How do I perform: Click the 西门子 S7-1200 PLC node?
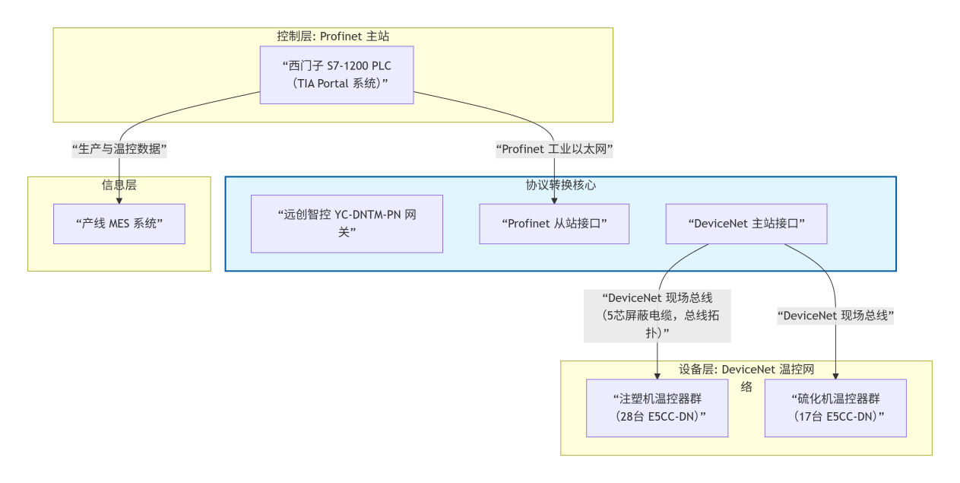pos(336,75)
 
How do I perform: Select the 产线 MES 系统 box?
pos(119,224)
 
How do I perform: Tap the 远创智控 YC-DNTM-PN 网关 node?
pos(347,224)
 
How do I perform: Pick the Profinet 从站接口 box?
pos(554,224)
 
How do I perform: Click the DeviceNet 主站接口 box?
pos(746,224)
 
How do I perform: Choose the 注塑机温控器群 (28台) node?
pos(657,408)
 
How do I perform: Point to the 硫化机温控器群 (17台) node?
pos(835,408)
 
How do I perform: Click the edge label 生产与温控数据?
pos(119,149)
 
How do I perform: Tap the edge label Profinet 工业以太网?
pos(554,149)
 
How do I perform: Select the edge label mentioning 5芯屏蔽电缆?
pos(657,315)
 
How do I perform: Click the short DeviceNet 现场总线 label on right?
pos(835,315)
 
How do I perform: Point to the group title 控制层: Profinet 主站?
pos(333,36)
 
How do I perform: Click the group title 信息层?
pos(119,185)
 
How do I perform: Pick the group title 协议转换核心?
pos(560,185)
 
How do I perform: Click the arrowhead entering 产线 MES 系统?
pos(119,200)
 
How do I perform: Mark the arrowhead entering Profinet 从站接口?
pos(554,200)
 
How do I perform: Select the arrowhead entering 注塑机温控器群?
pos(657,375)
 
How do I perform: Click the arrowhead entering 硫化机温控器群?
pos(835,375)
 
